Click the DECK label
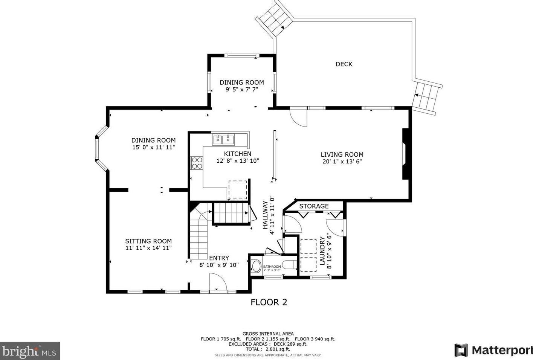(x=344, y=64)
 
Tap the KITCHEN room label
(x=237, y=154)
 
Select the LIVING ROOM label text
(x=342, y=154)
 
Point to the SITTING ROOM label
(x=148, y=241)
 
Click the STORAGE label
(x=314, y=206)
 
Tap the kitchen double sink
(x=223, y=139)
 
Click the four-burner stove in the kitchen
(x=197, y=163)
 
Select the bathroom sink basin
(x=256, y=267)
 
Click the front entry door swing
(x=218, y=282)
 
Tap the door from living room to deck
(x=298, y=118)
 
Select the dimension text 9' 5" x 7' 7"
(x=242, y=90)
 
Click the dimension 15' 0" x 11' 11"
(x=153, y=147)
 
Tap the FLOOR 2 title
(x=269, y=302)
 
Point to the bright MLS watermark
(x=30, y=351)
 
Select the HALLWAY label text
(x=265, y=215)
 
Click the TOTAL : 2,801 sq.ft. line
(x=268, y=349)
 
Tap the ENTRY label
(x=219, y=258)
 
